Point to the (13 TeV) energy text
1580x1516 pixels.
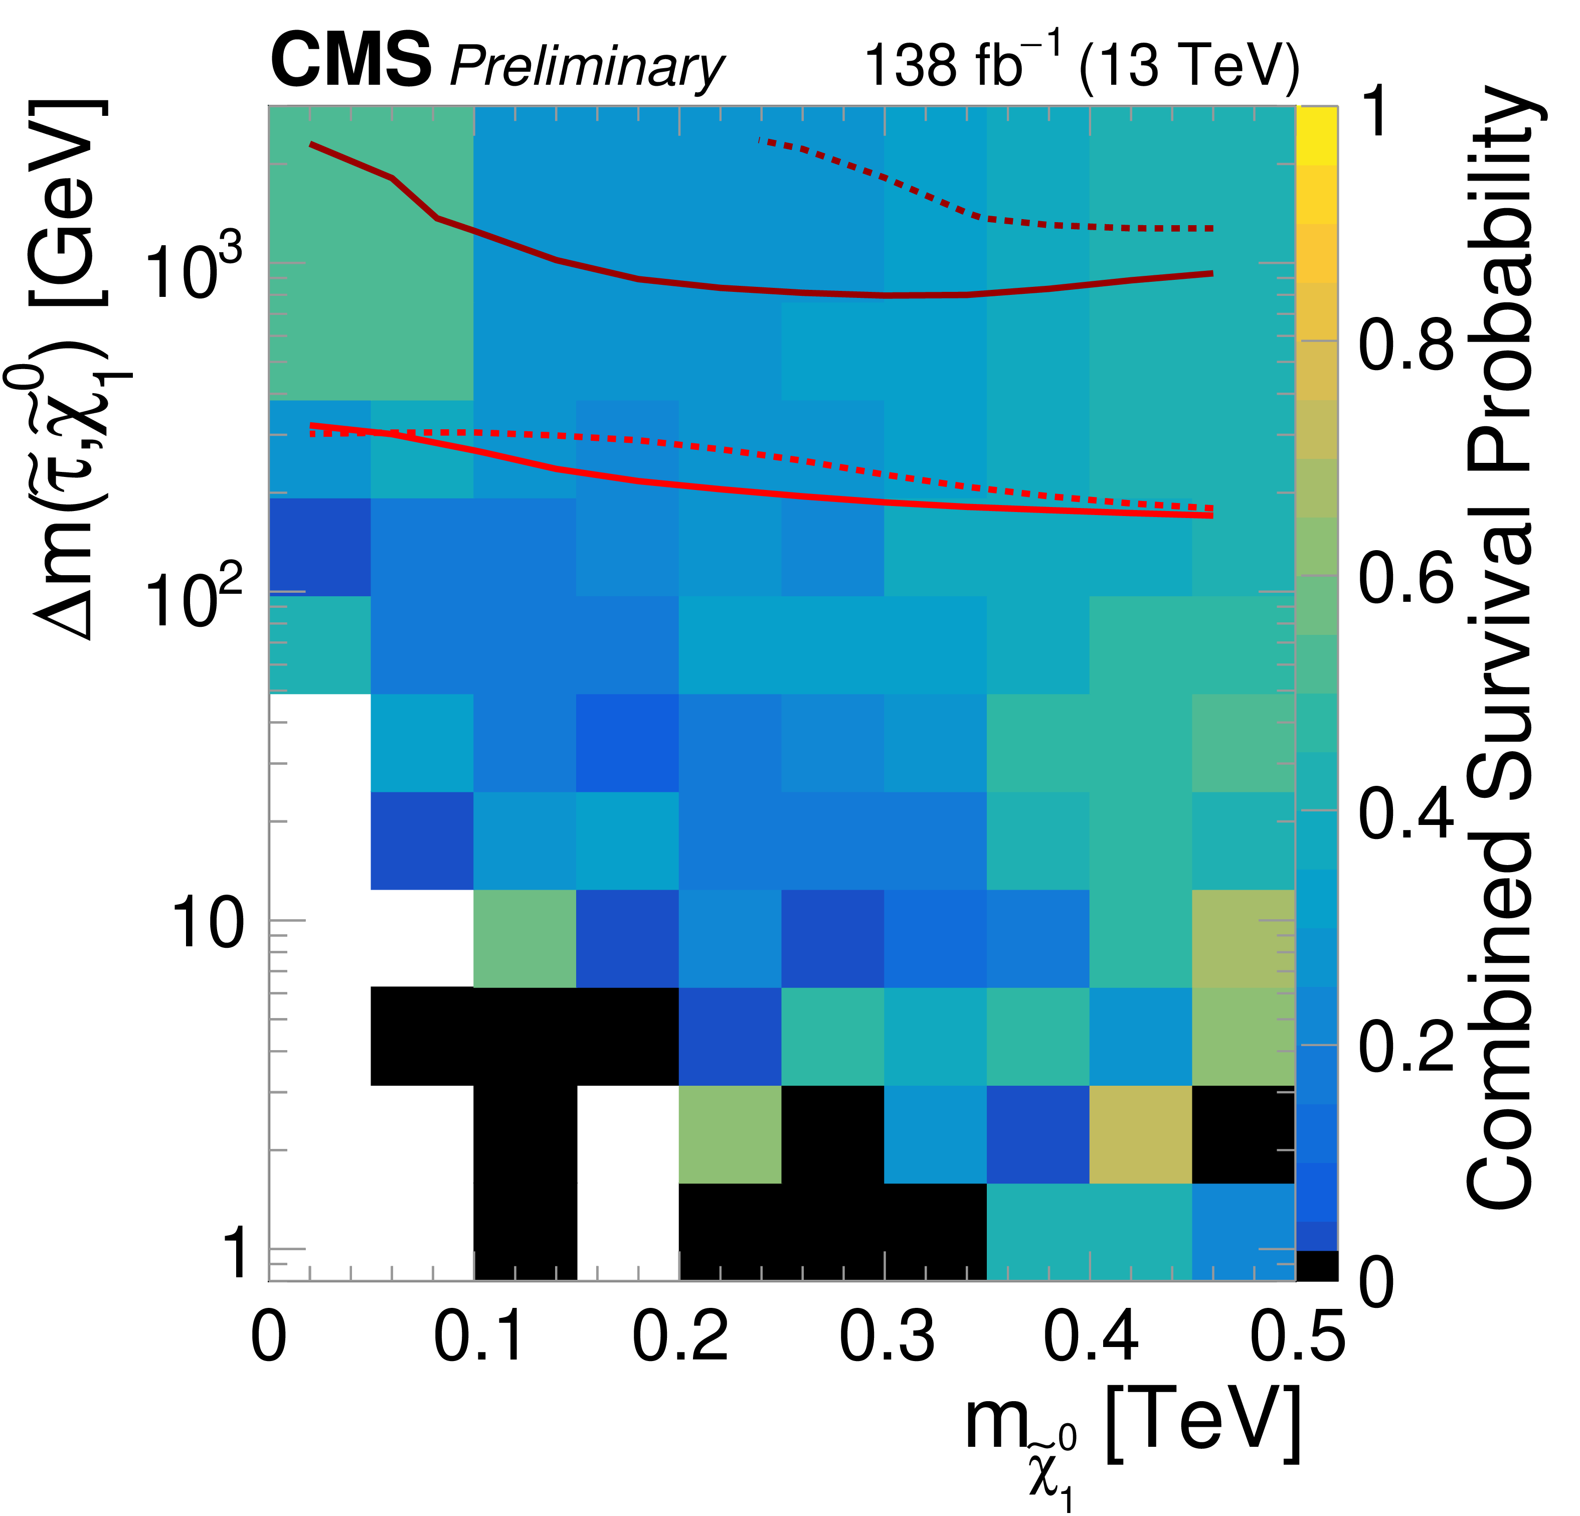(1188, 65)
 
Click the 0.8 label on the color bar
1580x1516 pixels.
(1406, 345)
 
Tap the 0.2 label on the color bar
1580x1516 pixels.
(1406, 1047)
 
